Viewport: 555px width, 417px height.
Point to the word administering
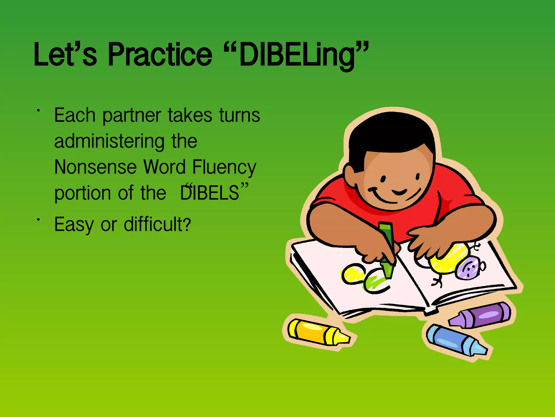point(109,142)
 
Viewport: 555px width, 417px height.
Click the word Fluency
point(224,168)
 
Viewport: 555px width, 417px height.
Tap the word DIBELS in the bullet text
point(210,193)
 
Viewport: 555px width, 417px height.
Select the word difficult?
point(157,225)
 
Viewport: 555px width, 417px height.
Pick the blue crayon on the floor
point(455,339)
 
